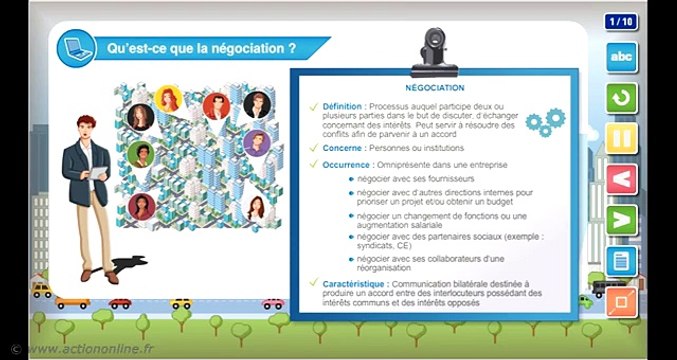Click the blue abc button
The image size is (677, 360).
[622, 57]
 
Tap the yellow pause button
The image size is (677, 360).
[622, 137]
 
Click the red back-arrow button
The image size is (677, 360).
[622, 179]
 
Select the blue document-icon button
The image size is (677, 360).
[622, 261]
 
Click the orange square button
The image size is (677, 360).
[622, 301]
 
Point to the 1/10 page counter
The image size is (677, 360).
[621, 21]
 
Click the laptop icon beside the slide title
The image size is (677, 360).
[73, 47]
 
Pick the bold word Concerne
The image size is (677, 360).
[342, 148]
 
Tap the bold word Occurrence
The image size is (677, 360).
[346, 164]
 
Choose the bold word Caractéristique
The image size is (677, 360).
[356, 284]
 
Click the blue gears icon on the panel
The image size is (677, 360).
[545, 123]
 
